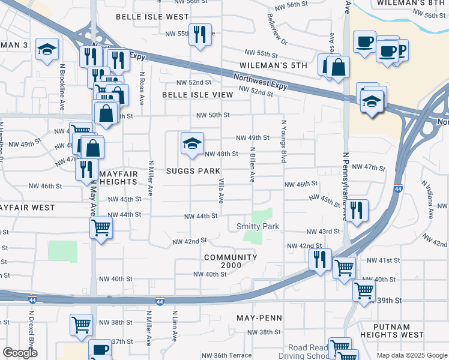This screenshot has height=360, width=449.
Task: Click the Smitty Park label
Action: coord(259,226)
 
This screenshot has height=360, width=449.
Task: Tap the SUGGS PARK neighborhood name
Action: coord(193,171)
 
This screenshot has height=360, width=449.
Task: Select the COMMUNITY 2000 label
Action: coord(231,262)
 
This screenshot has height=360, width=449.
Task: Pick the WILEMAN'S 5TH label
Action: coord(274,65)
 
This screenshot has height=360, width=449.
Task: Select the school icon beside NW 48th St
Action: coord(192,144)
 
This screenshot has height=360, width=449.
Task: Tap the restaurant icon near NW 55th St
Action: coord(199,34)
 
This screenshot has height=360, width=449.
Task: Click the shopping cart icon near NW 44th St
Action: coord(101,229)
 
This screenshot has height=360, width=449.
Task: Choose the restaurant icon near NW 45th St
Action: coord(357,211)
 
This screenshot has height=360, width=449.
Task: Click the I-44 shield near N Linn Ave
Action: coord(160,299)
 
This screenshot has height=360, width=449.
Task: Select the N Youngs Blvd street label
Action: coord(282,141)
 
